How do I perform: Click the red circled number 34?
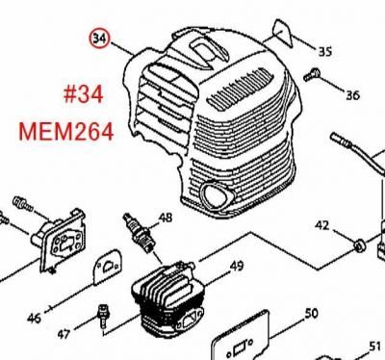click(x=99, y=39)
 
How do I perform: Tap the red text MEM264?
click(x=66, y=133)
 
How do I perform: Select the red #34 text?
click(x=84, y=95)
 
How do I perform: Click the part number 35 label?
click(x=324, y=51)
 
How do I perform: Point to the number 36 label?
click(x=352, y=95)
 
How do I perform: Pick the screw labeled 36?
click(x=311, y=75)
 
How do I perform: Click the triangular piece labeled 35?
click(x=283, y=34)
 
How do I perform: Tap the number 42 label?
click(x=322, y=225)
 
